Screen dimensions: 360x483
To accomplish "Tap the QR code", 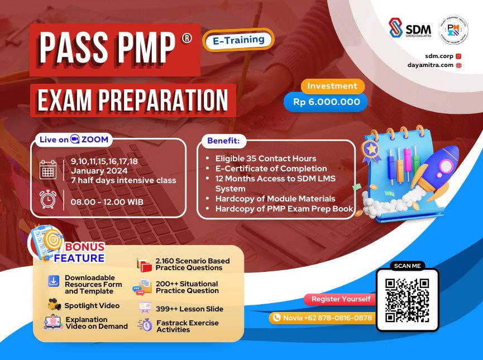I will tap(407, 300).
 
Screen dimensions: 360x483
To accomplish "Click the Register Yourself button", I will tap(341, 299).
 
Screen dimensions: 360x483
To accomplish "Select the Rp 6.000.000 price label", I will tap(326, 102).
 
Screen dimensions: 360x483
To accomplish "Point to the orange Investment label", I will tap(332, 86).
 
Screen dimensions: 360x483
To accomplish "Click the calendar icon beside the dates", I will tap(48, 169).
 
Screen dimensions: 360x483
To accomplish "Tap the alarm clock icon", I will tap(48, 199).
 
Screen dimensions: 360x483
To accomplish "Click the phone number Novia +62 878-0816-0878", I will tap(322, 318).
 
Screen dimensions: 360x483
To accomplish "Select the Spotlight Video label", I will tap(92, 305).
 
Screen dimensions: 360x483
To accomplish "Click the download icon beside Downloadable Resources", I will tap(54, 280).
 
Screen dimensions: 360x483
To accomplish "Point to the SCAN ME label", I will tap(407, 266).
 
